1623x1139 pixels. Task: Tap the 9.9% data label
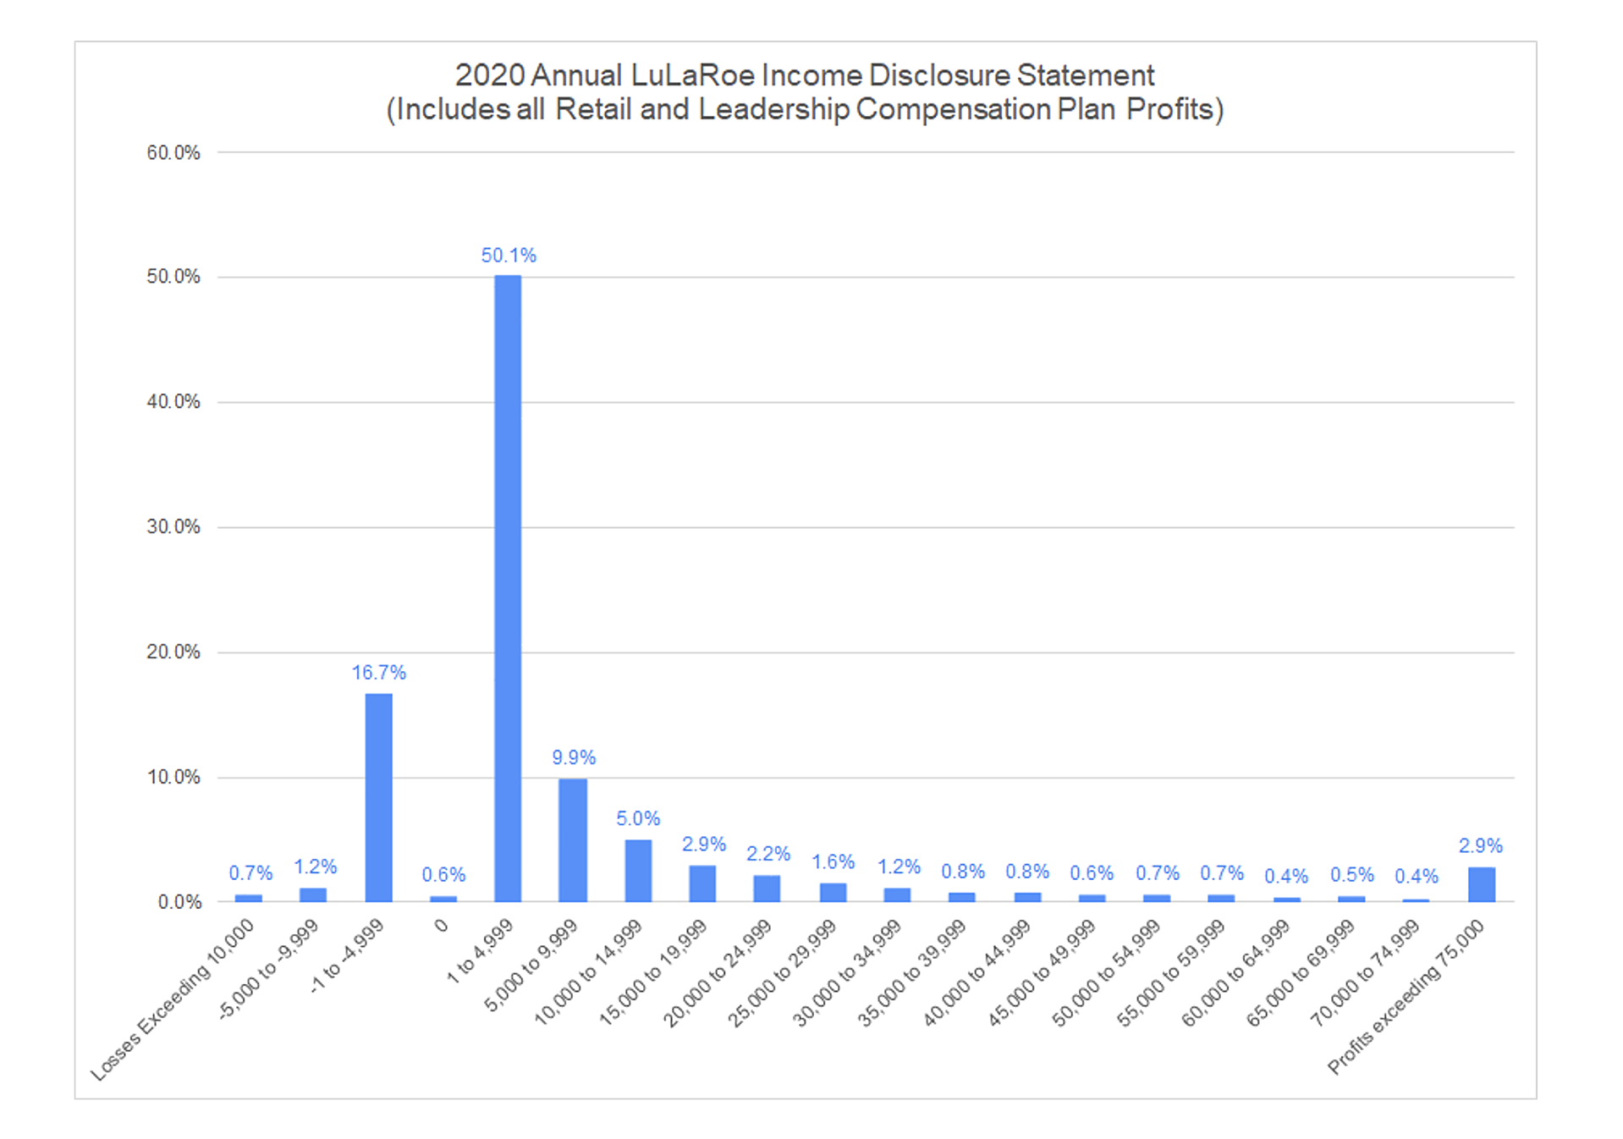[x=574, y=757]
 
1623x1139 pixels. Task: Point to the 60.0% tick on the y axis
[x=173, y=153]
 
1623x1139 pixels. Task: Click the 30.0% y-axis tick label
[x=173, y=527]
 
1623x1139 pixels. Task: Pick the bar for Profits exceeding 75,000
[x=1481, y=884]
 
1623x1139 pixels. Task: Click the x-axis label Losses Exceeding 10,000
[x=173, y=999]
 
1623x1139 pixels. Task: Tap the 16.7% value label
[x=378, y=673]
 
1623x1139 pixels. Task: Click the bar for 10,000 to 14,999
[x=638, y=871]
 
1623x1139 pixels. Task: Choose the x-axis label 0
[x=441, y=927]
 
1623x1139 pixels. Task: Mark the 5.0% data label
[x=638, y=818]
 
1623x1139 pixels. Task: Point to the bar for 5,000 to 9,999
[x=573, y=839]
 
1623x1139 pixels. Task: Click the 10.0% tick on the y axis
[x=173, y=777]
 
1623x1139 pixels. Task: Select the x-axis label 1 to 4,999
[x=480, y=951]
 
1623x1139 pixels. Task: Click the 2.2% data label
[x=767, y=854]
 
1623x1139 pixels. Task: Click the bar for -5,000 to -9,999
[x=313, y=894]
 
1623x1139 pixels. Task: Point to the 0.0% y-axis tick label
[x=179, y=902]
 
